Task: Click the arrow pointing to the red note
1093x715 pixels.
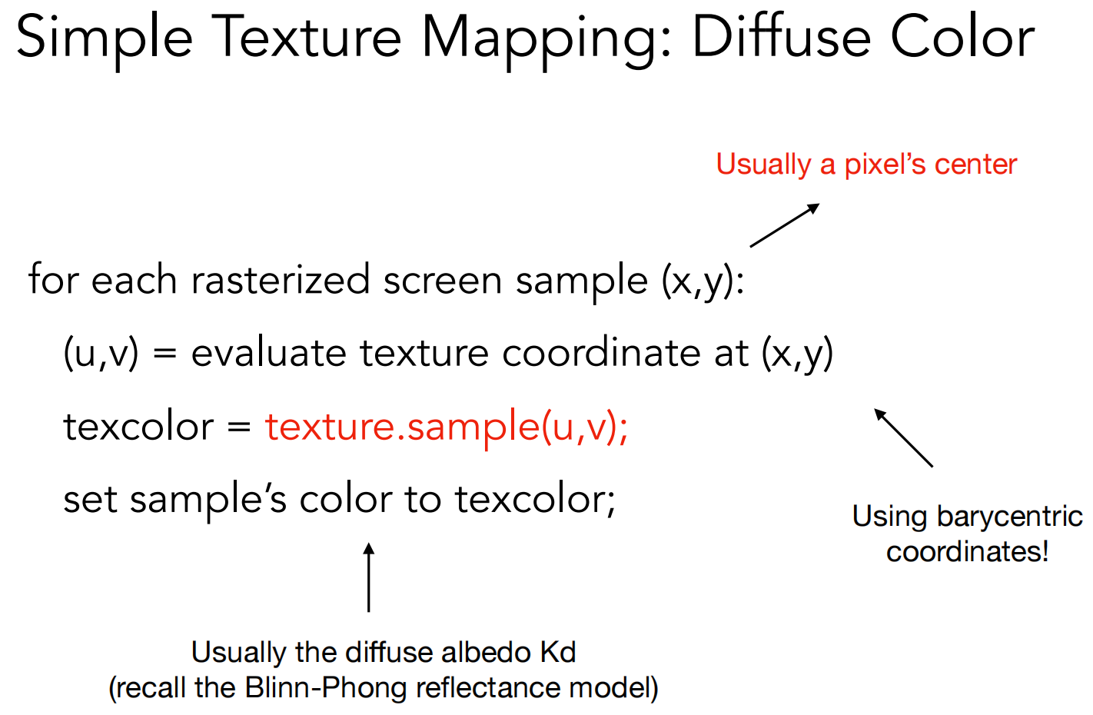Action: [785, 225]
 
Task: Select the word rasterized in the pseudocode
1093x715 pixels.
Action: [281, 279]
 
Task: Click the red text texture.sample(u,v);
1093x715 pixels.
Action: [447, 427]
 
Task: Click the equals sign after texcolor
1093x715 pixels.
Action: [239, 427]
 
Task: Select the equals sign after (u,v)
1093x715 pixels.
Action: [164, 352]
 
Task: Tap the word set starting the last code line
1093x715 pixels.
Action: [91, 500]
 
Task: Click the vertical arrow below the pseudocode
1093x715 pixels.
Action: [369, 577]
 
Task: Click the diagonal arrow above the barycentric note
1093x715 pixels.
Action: [903, 437]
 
